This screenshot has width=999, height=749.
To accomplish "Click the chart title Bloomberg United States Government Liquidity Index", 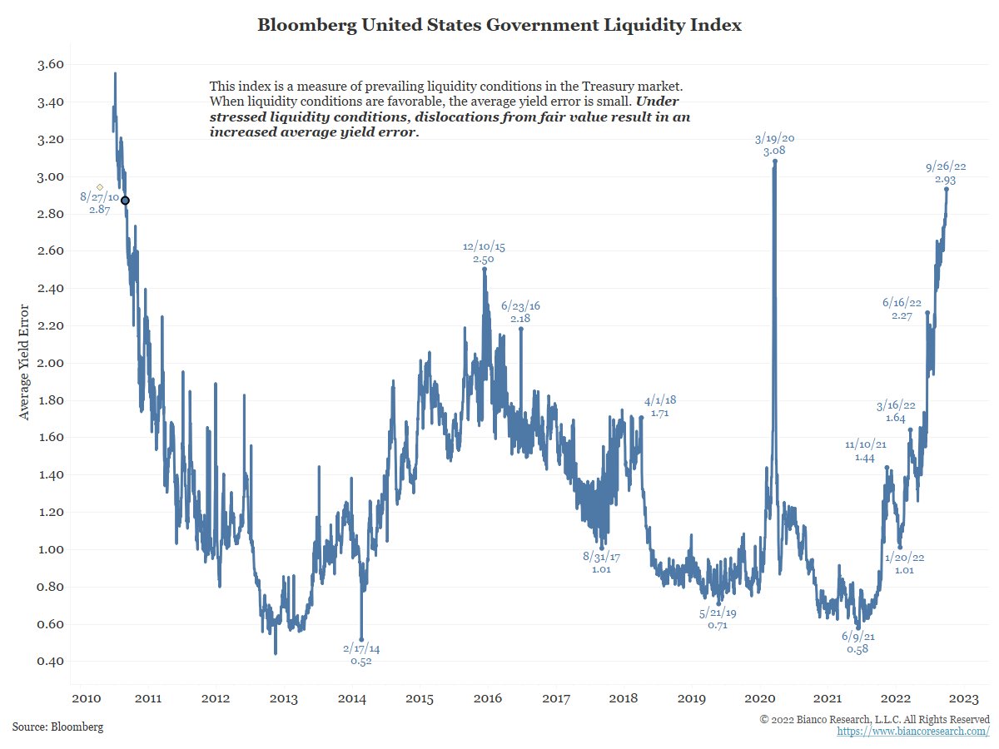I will pos(499,25).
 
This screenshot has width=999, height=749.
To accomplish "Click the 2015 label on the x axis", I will pos(420,697).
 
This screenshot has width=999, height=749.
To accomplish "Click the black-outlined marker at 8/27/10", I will pos(125,201).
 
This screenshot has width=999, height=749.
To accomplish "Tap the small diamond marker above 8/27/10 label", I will pos(100,187).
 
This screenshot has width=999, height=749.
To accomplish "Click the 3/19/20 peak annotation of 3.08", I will pos(774,145).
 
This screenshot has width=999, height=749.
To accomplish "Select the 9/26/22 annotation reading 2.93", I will pos(945,173).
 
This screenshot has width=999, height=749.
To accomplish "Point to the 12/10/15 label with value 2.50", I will pos(483,253).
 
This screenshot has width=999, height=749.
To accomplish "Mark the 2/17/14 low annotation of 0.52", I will pos(361,654).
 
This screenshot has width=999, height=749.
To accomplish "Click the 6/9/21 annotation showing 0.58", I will pos(857,642).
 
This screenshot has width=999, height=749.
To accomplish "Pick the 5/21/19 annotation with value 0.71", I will pos(718,618).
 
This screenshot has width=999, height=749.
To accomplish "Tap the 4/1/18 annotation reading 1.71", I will pos(660,407).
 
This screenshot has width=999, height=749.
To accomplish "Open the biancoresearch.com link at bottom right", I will pos(913,731).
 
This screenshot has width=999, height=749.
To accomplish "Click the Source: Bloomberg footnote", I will pos(58,727).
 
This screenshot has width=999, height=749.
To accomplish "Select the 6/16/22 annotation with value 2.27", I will pos(902,309).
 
